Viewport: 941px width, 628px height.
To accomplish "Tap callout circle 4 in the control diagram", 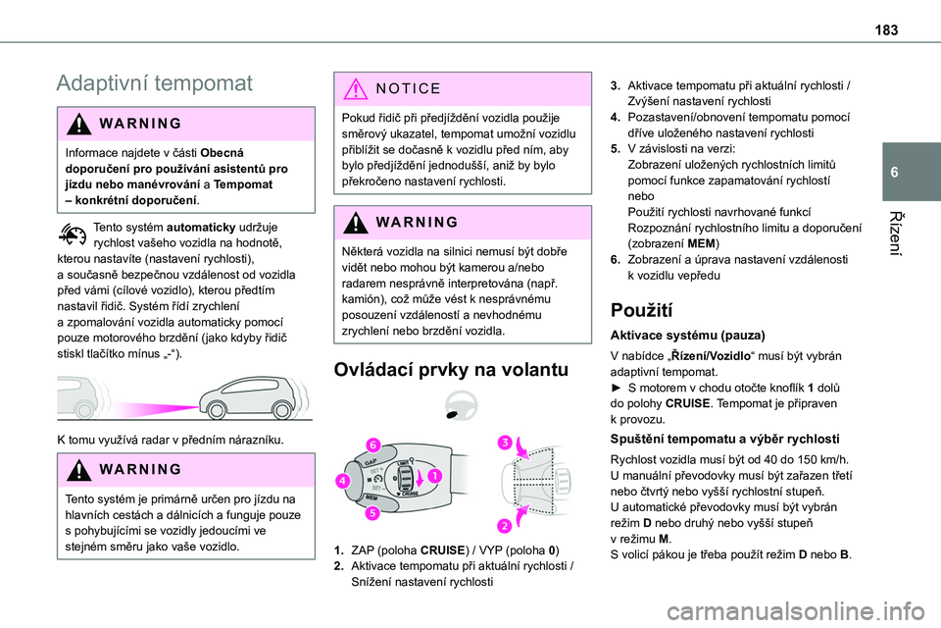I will (345, 482).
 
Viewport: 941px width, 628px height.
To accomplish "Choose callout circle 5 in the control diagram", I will (372, 512).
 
